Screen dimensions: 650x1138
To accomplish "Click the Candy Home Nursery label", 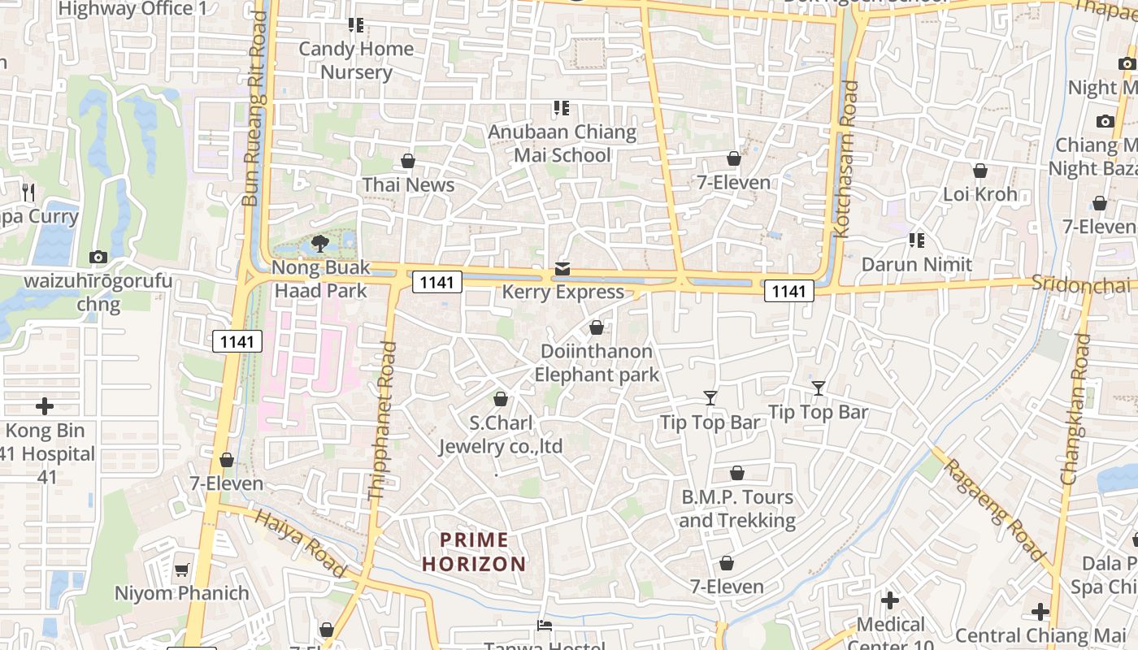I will click(x=356, y=60).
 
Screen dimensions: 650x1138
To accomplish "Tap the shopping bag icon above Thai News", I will click(x=408, y=161).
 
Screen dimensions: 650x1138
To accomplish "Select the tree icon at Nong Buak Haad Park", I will click(x=320, y=243).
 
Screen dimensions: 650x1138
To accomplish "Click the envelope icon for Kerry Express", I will click(x=562, y=269).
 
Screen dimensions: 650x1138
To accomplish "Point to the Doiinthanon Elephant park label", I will click(x=597, y=363).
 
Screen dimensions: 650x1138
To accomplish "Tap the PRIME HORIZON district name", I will click(x=475, y=552).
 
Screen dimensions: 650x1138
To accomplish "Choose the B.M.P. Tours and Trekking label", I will click(x=736, y=509).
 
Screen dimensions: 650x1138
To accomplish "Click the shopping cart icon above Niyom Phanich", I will click(x=182, y=570).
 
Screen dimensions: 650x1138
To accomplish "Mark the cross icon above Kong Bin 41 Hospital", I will click(x=45, y=405).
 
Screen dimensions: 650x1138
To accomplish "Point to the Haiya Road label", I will click(x=301, y=543).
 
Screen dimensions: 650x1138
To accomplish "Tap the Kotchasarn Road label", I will click(x=846, y=158).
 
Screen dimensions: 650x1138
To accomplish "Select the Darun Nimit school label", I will click(x=916, y=264).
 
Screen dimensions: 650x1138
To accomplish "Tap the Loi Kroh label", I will click(x=979, y=194).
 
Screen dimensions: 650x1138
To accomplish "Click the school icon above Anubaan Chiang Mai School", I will click(x=561, y=107).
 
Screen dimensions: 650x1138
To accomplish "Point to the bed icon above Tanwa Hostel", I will click(x=545, y=625).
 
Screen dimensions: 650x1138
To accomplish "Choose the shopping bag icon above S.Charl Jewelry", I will click(x=501, y=399).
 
